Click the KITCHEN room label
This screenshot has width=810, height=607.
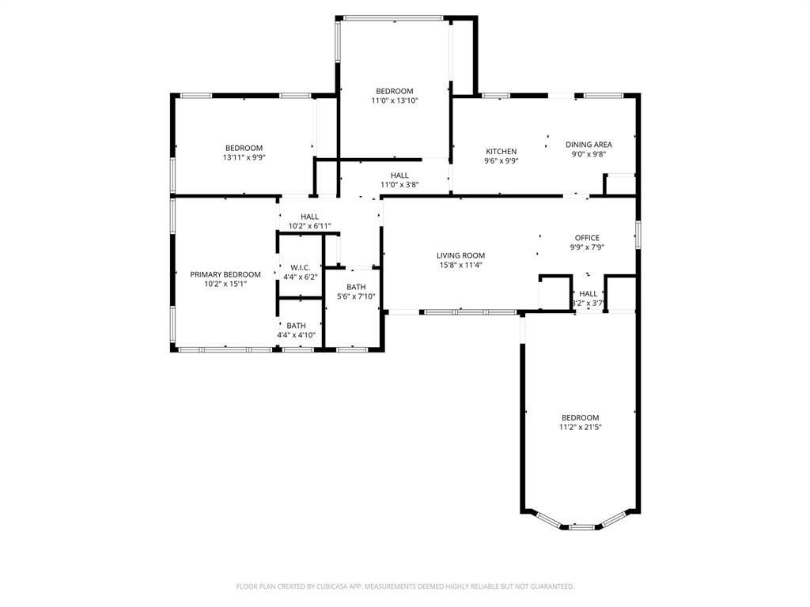pyautogui.click(x=501, y=151)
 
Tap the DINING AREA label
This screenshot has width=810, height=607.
pyautogui.click(x=589, y=145)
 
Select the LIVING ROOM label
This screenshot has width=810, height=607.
pyautogui.click(x=460, y=255)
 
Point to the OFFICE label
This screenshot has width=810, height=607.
pyautogui.click(x=587, y=238)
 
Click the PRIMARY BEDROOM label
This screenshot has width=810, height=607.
pyautogui.click(x=225, y=274)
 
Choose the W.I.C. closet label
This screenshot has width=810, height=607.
pyautogui.click(x=300, y=267)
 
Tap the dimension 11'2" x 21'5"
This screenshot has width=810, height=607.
pyautogui.click(x=581, y=428)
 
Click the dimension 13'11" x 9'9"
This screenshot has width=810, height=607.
pyautogui.click(x=244, y=157)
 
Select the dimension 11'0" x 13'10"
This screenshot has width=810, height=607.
pyautogui.click(x=394, y=100)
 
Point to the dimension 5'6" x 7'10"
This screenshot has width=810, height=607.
pyautogui.click(x=356, y=297)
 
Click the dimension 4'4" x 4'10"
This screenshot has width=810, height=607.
pyautogui.click(x=297, y=335)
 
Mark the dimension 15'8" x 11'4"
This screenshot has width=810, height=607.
pyautogui.click(x=460, y=266)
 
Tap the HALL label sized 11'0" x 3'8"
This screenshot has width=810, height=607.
pyautogui.click(x=399, y=175)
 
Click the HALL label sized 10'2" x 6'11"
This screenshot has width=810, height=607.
pyautogui.click(x=309, y=217)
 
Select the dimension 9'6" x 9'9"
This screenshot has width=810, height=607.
pyautogui.click(x=501, y=160)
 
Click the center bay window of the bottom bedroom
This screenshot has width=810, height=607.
pyautogui.click(x=581, y=526)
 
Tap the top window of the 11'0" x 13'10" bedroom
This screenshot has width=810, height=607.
pyautogui.click(x=393, y=17)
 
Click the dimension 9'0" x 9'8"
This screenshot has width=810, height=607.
pyautogui.click(x=589, y=155)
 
